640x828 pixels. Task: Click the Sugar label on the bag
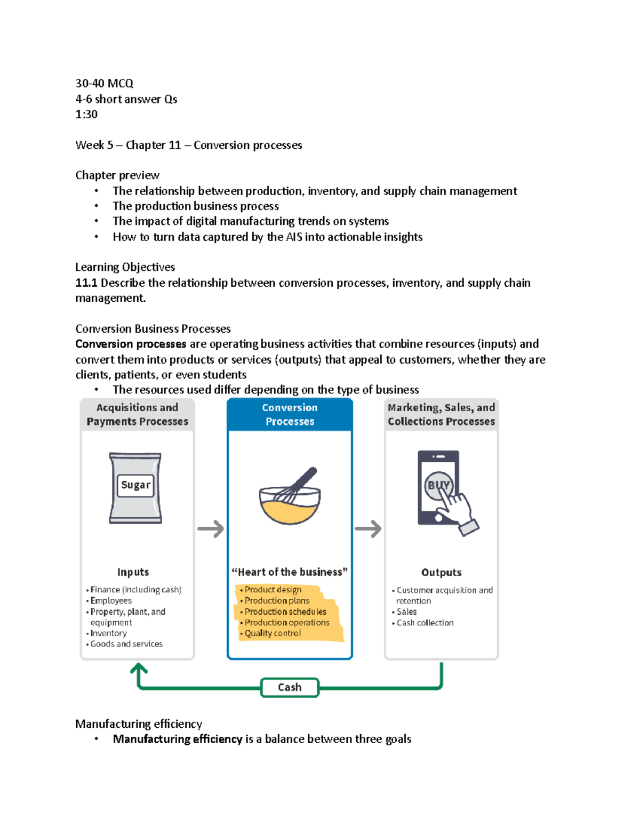pos(135,486)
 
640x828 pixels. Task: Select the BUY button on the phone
pos(439,485)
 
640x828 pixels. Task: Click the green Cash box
pos(290,687)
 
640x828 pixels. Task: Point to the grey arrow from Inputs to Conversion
pos(211,528)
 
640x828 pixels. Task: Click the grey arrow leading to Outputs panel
pos(368,528)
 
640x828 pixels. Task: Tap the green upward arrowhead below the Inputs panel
pos(139,669)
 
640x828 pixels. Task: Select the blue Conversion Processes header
pos(290,415)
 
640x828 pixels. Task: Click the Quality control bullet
pos(271,633)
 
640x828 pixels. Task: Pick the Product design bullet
pos(271,590)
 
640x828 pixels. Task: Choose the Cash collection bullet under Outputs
pos(423,623)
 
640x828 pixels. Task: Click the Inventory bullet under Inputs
pos(107,633)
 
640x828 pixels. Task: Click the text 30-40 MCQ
pos(105,83)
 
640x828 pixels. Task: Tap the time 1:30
pos(86,114)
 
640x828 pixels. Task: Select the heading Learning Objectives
pos(125,267)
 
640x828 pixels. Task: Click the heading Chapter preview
pos(117,175)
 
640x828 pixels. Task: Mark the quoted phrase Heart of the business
pos(290,572)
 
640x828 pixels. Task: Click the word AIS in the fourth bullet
pos(292,237)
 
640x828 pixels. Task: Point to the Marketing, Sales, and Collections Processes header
pos(442,415)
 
